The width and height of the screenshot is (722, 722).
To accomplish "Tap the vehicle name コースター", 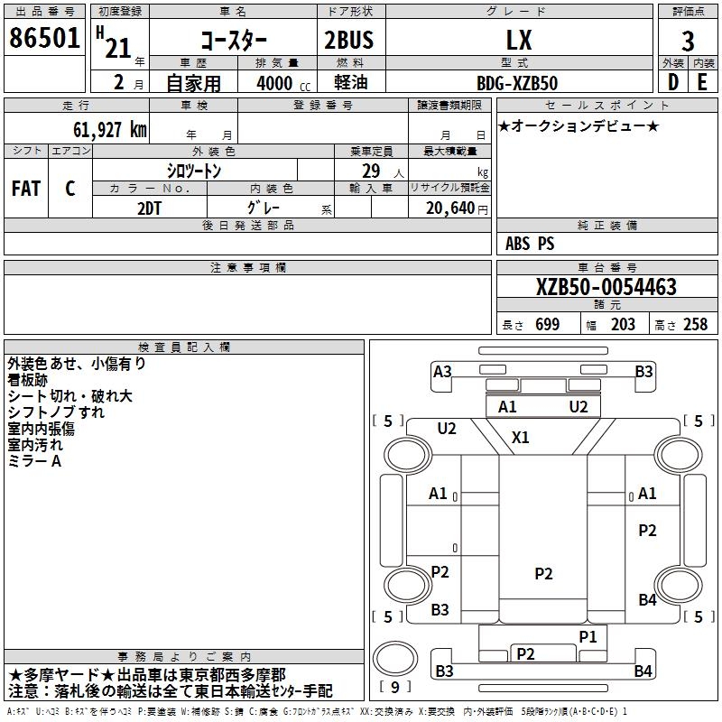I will [x=233, y=40].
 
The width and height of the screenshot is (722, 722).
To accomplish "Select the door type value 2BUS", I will [x=348, y=40].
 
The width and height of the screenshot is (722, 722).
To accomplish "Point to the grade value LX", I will [x=519, y=40].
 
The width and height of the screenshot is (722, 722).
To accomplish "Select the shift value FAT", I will [x=25, y=189].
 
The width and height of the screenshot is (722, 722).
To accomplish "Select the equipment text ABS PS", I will [x=530, y=244].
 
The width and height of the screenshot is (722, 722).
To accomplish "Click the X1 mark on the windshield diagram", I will [x=521, y=438].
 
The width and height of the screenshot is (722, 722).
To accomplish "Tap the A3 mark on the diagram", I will [x=442, y=372].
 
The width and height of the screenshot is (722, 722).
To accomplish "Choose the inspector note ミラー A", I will [x=34, y=461].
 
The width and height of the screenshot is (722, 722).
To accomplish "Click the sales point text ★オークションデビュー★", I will [x=578, y=126].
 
